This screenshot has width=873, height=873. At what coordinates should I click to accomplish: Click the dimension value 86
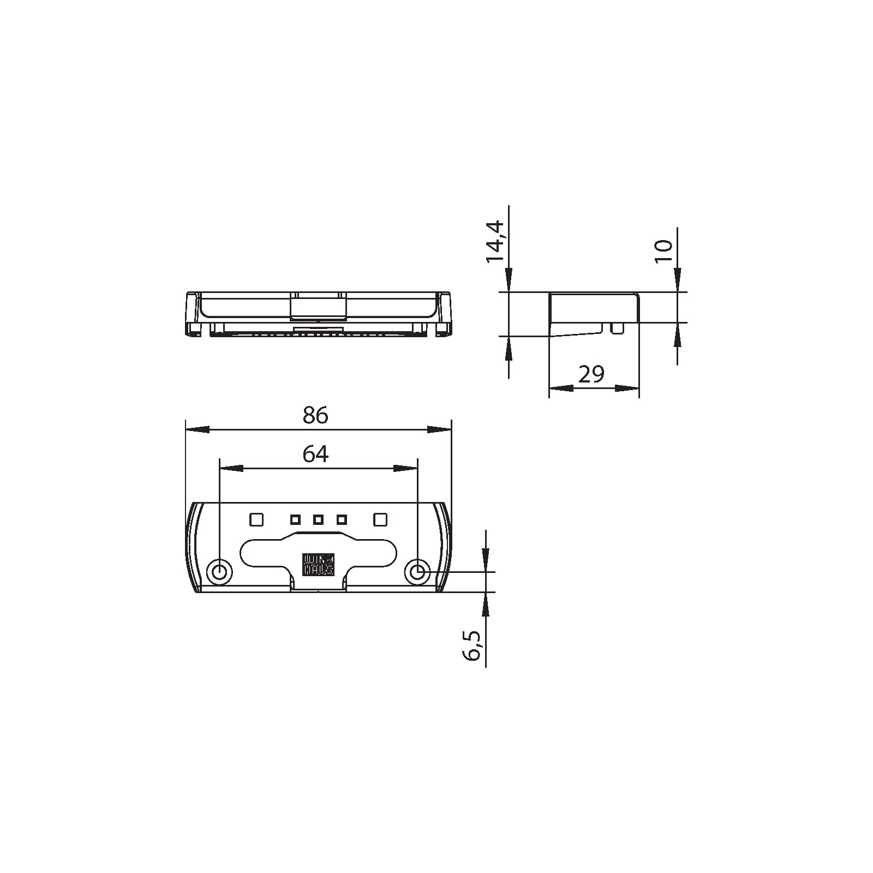tap(315, 416)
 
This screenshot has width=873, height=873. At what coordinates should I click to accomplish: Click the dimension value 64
tap(315, 454)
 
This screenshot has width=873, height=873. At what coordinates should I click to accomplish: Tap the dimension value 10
tap(664, 251)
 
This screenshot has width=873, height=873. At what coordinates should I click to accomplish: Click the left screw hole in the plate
tap(220, 572)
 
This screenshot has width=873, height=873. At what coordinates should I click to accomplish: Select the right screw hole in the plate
tap(417, 572)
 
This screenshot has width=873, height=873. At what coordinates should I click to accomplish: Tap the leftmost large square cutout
tap(256, 519)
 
